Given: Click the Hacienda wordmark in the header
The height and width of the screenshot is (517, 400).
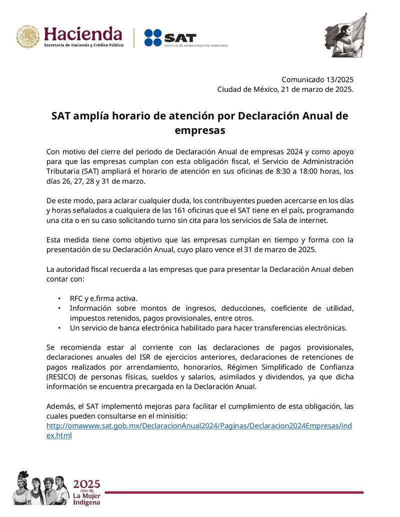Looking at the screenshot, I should coord(83,34).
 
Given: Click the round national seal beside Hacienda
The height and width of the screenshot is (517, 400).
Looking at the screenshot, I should coord(27,36).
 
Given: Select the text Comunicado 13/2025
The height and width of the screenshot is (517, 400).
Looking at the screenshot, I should coord(317,79).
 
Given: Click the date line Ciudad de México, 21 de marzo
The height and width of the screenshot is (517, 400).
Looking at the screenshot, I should coord(285,89).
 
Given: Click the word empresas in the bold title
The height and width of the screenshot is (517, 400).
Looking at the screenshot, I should coord(200,130).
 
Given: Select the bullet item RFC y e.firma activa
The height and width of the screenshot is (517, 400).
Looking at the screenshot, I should coord(103,298).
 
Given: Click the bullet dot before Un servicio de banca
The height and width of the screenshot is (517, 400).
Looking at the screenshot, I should coord(59,328).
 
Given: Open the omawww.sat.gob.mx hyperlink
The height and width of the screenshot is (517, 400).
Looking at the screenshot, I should coord(199,426).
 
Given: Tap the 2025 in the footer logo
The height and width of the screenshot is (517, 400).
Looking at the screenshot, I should coord(86,484).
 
